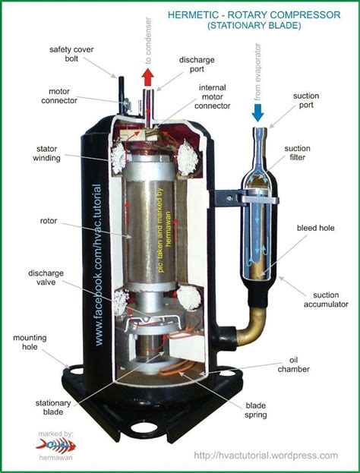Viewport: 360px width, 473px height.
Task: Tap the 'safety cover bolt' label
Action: [x=71, y=55]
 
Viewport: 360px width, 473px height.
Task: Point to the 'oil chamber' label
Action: [x=302, y=365]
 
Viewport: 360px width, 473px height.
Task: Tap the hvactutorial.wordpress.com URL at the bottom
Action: [x=265, y=455]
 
